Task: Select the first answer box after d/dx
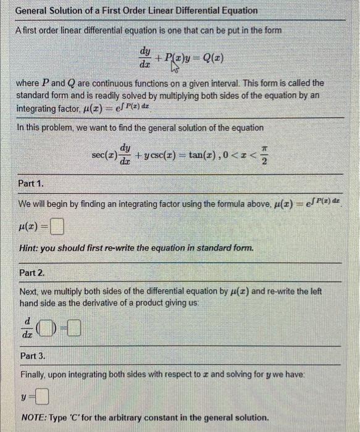49,326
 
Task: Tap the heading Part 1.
31,183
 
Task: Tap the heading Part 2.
32,272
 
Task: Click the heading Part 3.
32,356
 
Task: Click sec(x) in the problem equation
104,153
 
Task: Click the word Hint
29,248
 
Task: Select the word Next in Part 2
29,291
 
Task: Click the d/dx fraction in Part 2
27,326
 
